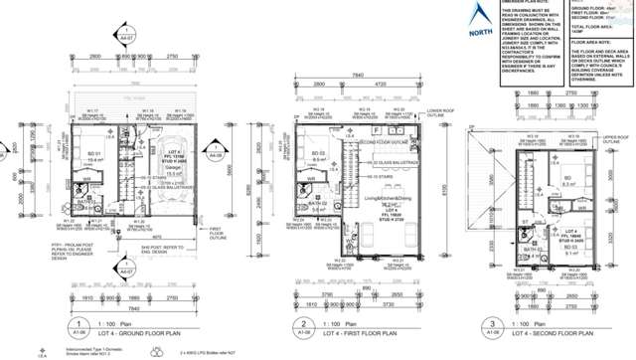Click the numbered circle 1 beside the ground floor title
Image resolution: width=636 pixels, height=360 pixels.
point(77,326)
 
